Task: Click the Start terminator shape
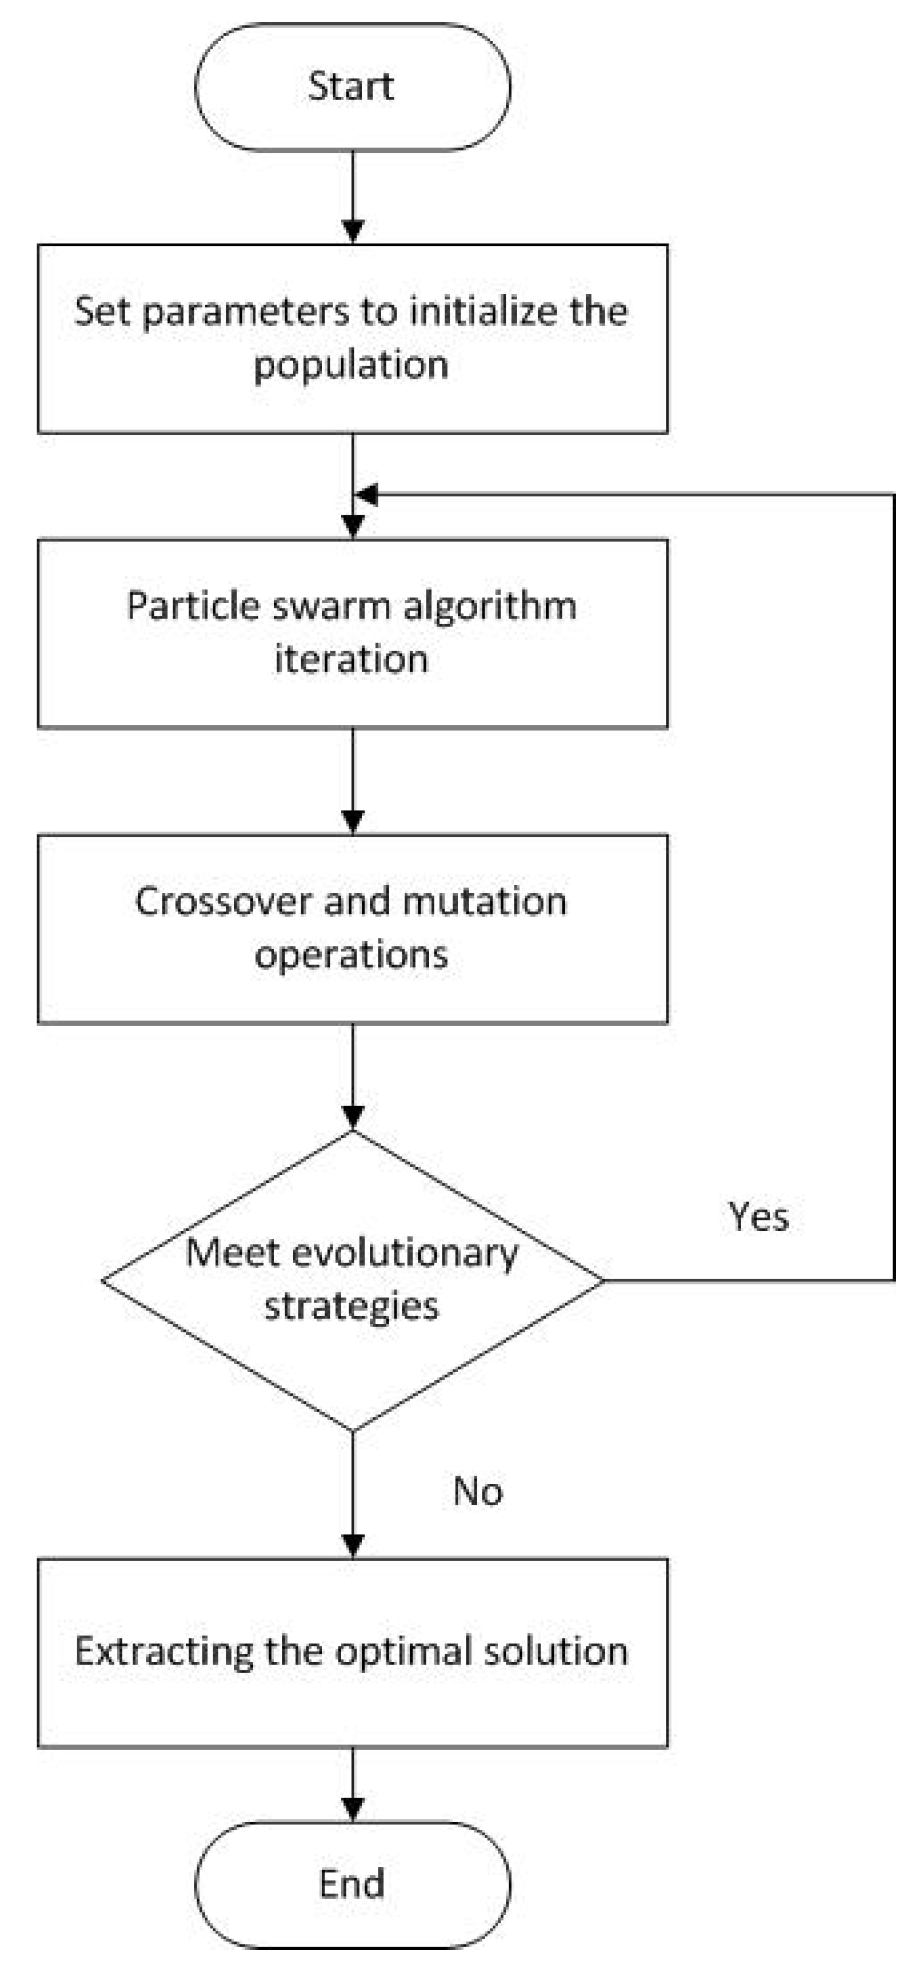click(x=352, y=86)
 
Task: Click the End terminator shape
click(x=352, y=1883)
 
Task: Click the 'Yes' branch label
click(x=757, y=1216)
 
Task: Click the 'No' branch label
click(x=477, y=1491)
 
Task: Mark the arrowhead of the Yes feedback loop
click(x=367, y=496)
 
